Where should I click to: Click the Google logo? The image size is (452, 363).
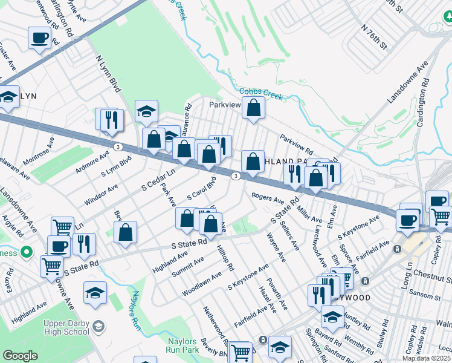(x=19, y=356)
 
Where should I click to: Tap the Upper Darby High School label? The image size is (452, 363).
(x=66, y=327)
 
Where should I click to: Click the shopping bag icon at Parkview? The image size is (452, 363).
(x=254, y=108)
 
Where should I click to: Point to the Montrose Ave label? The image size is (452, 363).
(x=38, y=151)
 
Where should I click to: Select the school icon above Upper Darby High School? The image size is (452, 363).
(x=95, y=293)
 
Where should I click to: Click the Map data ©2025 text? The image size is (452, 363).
(x=427, y=357)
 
